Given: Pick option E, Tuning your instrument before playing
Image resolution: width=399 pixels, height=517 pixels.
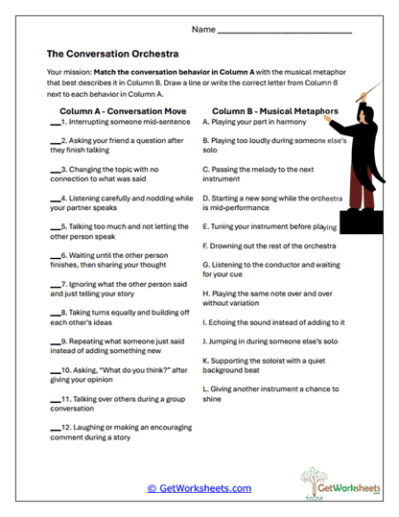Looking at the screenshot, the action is click(x=270, y=227).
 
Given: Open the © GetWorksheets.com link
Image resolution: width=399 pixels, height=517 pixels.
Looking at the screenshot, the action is click(x=199, y=488).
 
